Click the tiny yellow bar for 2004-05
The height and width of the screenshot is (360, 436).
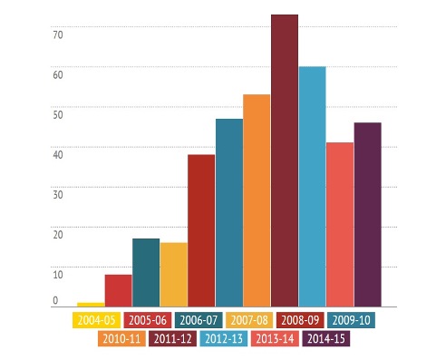point(91,305)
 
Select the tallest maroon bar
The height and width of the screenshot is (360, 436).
point(285,161)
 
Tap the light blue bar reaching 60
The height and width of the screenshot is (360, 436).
point(313,187)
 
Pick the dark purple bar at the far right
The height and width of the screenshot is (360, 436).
point(368,215)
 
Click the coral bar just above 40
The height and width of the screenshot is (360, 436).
point(340,225)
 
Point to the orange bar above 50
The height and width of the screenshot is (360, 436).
point(257,200)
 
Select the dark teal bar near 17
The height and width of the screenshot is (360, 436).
point(146,273)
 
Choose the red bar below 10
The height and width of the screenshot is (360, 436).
point(119,290)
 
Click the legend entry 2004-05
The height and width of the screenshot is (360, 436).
point(96,320)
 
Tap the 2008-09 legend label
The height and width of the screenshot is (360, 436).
point(300,320)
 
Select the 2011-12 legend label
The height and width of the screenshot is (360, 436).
point(172,338)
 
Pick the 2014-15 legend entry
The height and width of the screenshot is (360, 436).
point(326,338)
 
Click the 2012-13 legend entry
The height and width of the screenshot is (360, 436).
point(224,338)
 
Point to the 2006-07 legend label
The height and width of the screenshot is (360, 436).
point(199,320)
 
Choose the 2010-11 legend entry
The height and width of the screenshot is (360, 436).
point(121,338)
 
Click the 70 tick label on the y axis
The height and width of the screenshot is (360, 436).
point(58,35)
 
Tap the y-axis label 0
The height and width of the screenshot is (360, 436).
point(55,300)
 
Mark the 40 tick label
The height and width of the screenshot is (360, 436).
point(58,155)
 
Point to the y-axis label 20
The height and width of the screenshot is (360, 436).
point(58,235)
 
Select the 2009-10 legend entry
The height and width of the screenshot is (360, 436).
point(351,320)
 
